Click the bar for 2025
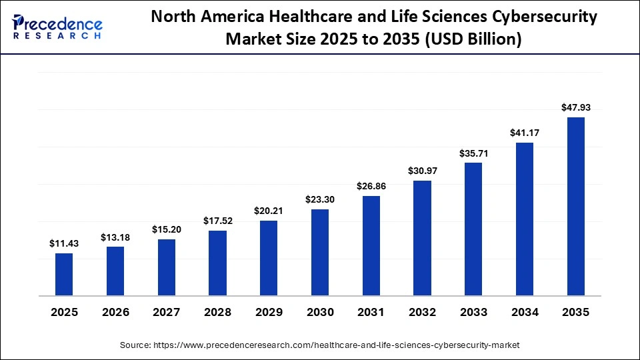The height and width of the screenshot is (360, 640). [64, 274]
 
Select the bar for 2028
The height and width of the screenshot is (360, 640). [217, 263]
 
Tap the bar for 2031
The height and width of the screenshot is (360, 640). [371, 245]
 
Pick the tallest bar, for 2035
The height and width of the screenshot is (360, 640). [576, 206]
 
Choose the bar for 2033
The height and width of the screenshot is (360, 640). [473, 229]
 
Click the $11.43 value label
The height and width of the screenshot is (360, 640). [64, 244]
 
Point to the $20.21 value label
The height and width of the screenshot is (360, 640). [269, 211]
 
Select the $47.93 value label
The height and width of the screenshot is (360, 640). [576, 107]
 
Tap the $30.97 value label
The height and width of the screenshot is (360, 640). [423, 171]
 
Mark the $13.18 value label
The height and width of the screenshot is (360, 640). [115, 237]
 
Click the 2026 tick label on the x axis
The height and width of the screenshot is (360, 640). [115, 312]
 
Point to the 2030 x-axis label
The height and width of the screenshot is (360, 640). [320, 312]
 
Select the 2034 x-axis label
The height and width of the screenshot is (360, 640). [525, 312]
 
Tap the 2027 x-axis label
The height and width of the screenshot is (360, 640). [167, 312]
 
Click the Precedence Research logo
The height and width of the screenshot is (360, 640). [57, 27]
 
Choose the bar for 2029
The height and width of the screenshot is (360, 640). [269, 258]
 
